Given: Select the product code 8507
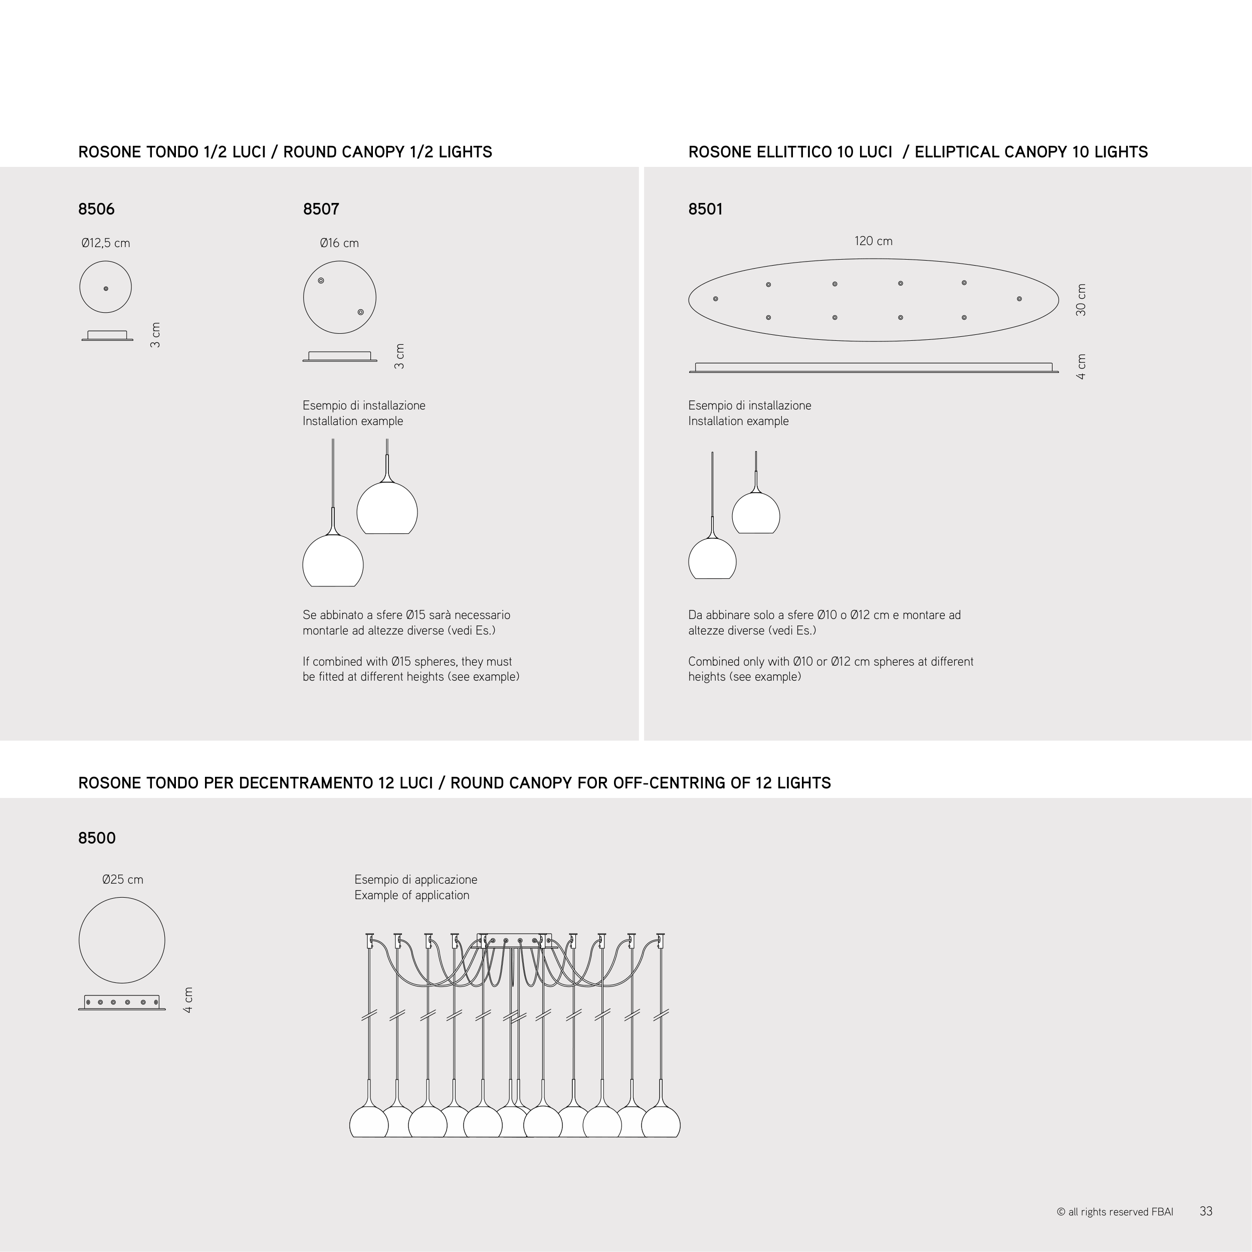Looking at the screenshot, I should tap(321, 210).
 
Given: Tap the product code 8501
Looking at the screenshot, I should tap(705, 210).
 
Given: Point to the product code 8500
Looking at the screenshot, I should tap(97, 838).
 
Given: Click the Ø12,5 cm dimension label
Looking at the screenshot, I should tap(106, 243).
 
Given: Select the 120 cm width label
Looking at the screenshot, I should tap(873, 241).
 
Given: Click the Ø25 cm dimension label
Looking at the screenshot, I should tap(122, 880).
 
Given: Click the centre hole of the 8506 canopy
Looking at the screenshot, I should tap(106, 288).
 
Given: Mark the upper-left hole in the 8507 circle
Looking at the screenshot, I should tap(321, 281).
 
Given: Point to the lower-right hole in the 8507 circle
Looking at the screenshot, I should tap(360, 312).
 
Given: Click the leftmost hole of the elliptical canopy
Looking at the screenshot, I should tap(715, 299).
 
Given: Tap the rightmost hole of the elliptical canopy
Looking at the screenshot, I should tap(1019, 299).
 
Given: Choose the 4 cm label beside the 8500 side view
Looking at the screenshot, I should tap(188, 1000).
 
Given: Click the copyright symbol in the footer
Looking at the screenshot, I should tap(1061, 1212).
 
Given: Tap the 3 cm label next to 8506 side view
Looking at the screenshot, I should tap(155, 335).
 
